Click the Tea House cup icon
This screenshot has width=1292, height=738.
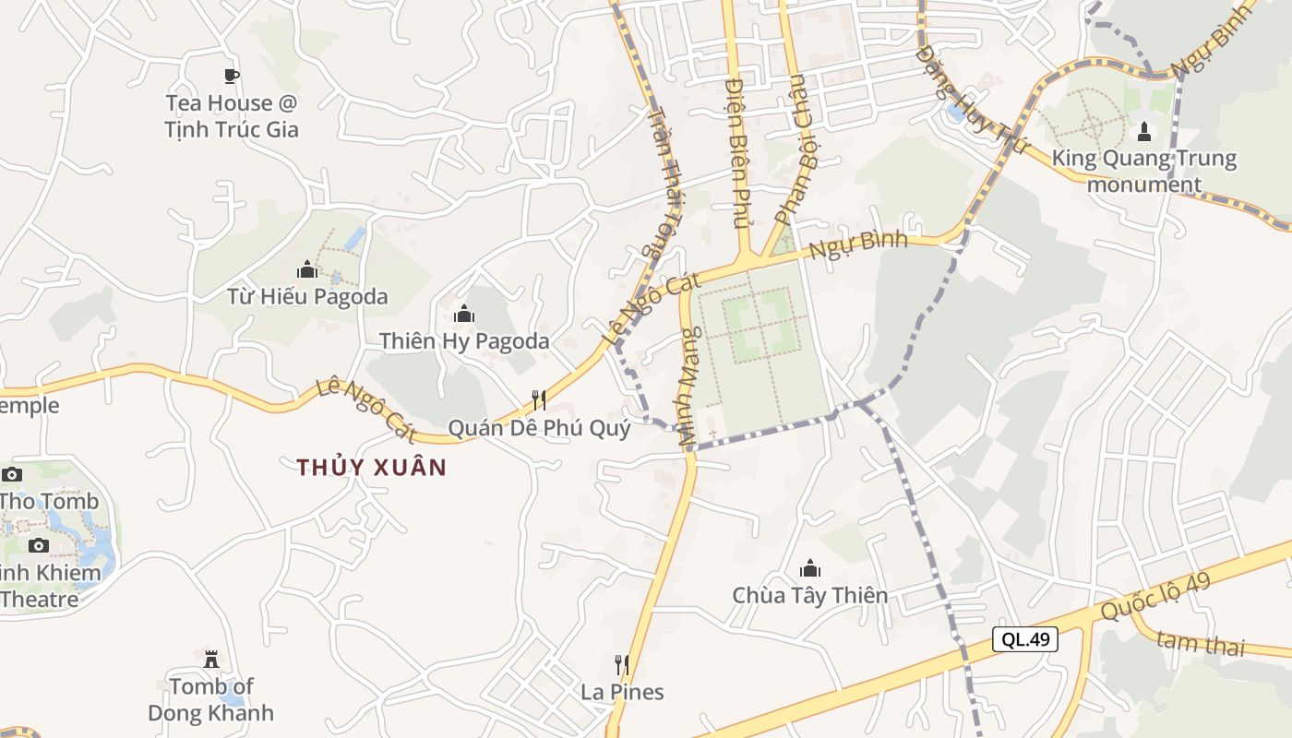pyautogui.click(x=231, y=76)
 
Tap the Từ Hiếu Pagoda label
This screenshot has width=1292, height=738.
pyautogui.click(x=307, y=297)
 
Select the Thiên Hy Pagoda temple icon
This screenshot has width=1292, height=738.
pyautogui.click(x=464, y=315)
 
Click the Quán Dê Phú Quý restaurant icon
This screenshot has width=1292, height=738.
pyautogui.click(x=539, y=400)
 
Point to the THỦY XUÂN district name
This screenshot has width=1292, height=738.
pyautogui.click(x=371, y=468)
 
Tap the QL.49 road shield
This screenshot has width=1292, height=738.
pyautogui.click(x=1024, y=639)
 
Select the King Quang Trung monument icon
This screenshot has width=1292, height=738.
pyautogui.click(x=1144, y=132)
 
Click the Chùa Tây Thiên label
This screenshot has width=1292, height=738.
pyautogui.click(x=810, y=596)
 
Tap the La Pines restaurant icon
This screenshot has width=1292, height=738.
pyautogui.click(x=622, y=665)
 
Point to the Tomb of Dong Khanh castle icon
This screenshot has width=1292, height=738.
pyautogui.click(x=211, y=659)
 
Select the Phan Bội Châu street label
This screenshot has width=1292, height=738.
pyautogui.click(x=795, y=149)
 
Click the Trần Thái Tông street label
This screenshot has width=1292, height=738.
pyautogui.click(x=661, y=181)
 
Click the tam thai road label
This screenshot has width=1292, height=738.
pyautogui.click(x=1200, y=643)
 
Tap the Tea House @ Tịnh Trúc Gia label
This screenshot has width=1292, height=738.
pyautogui.click(x=232, y=116)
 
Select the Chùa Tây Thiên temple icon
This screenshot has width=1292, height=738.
pyautogui.click(x=810, y=567)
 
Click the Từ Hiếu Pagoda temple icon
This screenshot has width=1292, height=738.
pyautogui.click(x=307, y=269)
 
